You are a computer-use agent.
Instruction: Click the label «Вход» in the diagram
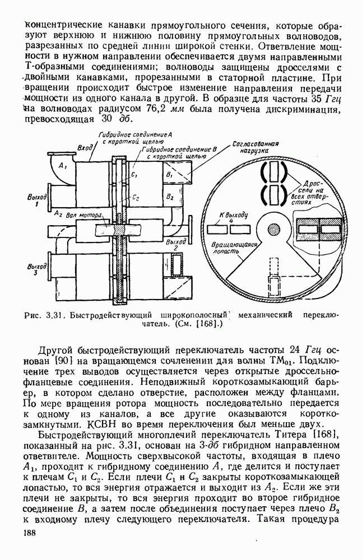(x=85, y=147)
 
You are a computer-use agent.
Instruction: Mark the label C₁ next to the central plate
(x=134, y=175)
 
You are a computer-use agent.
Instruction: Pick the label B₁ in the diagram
(x=170, y=176)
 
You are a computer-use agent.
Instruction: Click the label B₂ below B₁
(x=170, y=198)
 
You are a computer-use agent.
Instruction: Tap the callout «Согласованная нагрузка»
(x=250, y=147)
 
